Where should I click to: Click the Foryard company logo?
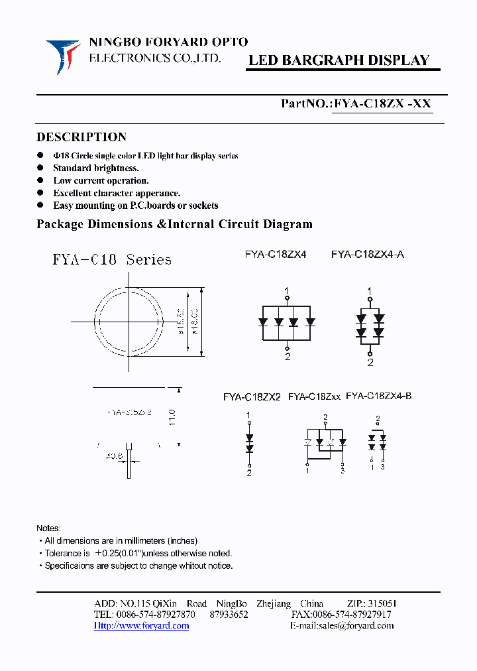click(62, 56)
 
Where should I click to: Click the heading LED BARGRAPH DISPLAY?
click(339, 60)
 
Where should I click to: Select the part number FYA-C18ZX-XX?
click(383, 103)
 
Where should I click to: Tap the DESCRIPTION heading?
click(81, 137)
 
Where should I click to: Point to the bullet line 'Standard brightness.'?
click(96, 168)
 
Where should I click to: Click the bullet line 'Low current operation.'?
click(101, 180)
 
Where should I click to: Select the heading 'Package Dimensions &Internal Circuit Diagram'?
click(174, 224)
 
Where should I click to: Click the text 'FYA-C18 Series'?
click(112, 259)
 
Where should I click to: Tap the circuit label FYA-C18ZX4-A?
click(367, 253)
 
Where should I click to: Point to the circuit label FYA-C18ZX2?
click(252, 397)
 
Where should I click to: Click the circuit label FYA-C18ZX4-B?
click(379, 396)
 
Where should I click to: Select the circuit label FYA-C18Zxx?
click(314, 396)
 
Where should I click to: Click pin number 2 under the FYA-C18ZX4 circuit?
click(287, 357)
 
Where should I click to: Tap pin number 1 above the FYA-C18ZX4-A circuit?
click(370, 290)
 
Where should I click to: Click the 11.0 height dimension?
click(172, 417)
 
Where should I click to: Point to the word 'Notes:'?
click(48, 528)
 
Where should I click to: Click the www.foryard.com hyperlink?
click(141, 625)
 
